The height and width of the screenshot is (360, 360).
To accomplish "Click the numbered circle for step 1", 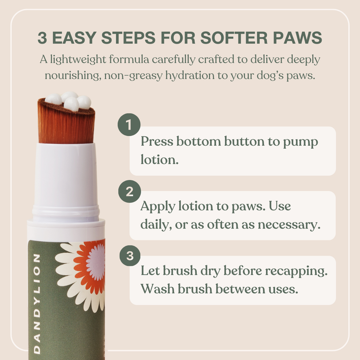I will tap(129, 125).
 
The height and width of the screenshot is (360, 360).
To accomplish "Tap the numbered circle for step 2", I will tap(129, 192).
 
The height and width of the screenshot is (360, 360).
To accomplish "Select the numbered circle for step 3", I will tap(129, 256).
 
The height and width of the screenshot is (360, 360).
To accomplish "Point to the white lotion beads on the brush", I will tap(69, 101).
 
